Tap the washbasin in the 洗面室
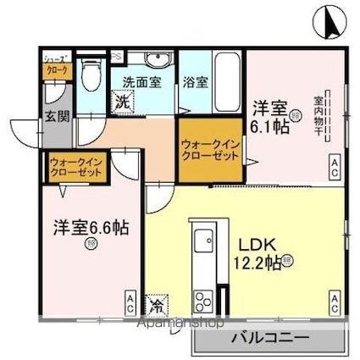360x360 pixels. pyautogui.click(x=156, y=60)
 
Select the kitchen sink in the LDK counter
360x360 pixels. pyautogui.click(x=204, y=244)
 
